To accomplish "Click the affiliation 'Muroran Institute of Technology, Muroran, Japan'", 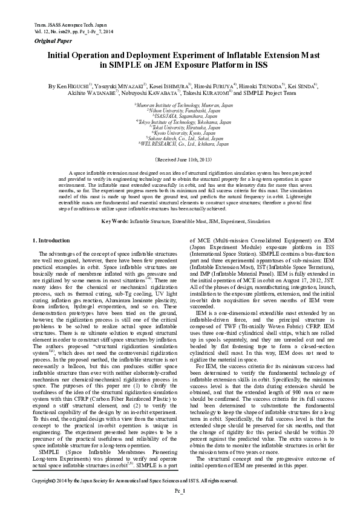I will coord(184,105).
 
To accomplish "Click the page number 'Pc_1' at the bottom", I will coord(180,491).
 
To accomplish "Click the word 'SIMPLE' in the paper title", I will coord(125,64).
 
